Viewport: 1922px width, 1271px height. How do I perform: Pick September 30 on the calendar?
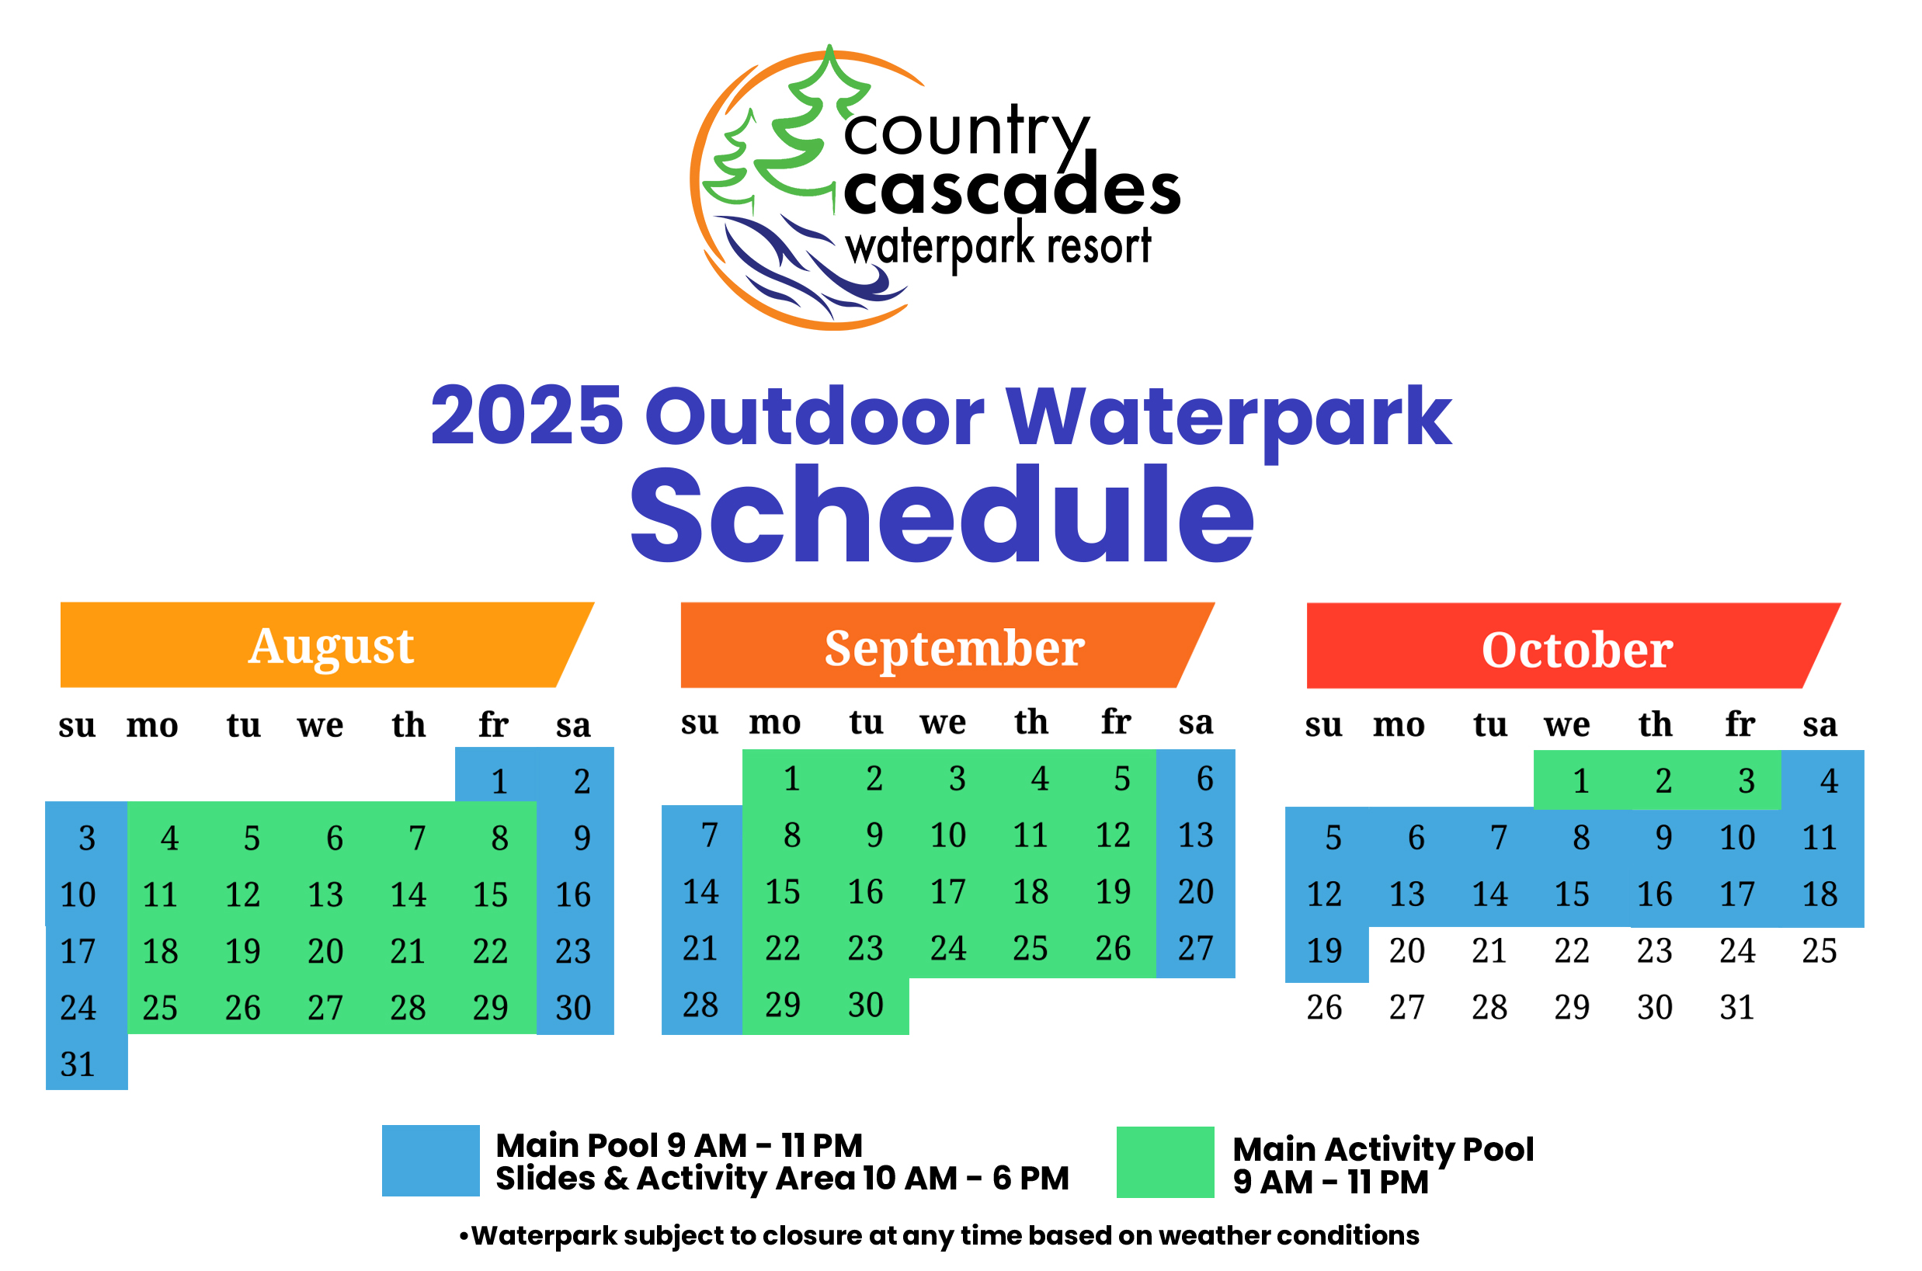(x=866, y=1005)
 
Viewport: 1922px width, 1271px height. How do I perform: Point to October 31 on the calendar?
(x=1737, y=1008)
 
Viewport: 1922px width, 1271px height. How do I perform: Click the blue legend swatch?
(x=430, y=1161)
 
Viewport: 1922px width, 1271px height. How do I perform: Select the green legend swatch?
(x=1165, y=1162)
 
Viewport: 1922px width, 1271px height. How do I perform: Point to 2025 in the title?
(x=527, y=415)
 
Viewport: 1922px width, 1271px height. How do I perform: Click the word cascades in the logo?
(x=1012, y=188)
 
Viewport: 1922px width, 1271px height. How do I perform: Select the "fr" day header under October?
(x=1740, y=724)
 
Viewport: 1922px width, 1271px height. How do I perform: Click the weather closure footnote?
(x=940, y=1235)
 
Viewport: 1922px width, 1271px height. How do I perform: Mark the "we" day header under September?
(x=943, y=722)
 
